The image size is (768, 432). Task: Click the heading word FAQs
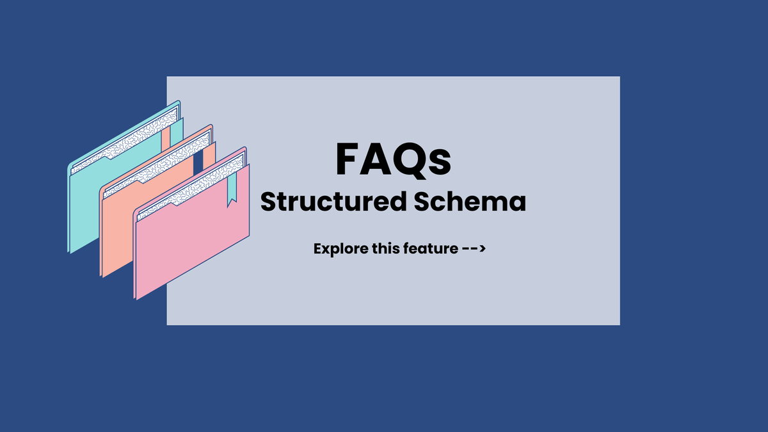393,160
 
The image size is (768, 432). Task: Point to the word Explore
340,249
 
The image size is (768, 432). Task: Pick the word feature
433,248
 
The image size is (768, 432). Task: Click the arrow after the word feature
474,248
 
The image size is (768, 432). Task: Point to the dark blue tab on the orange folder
198,161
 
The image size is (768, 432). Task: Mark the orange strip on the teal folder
166,137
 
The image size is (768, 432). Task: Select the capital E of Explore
318,248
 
